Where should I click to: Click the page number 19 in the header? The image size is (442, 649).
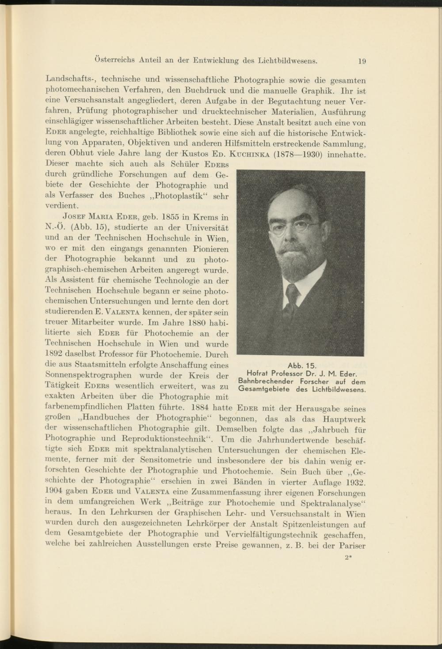pos(362,61)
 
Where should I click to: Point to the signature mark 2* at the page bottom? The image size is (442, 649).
pos(348,557)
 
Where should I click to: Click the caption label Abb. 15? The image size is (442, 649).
pos(302,366)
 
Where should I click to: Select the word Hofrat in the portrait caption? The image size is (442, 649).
pos(259,374)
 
